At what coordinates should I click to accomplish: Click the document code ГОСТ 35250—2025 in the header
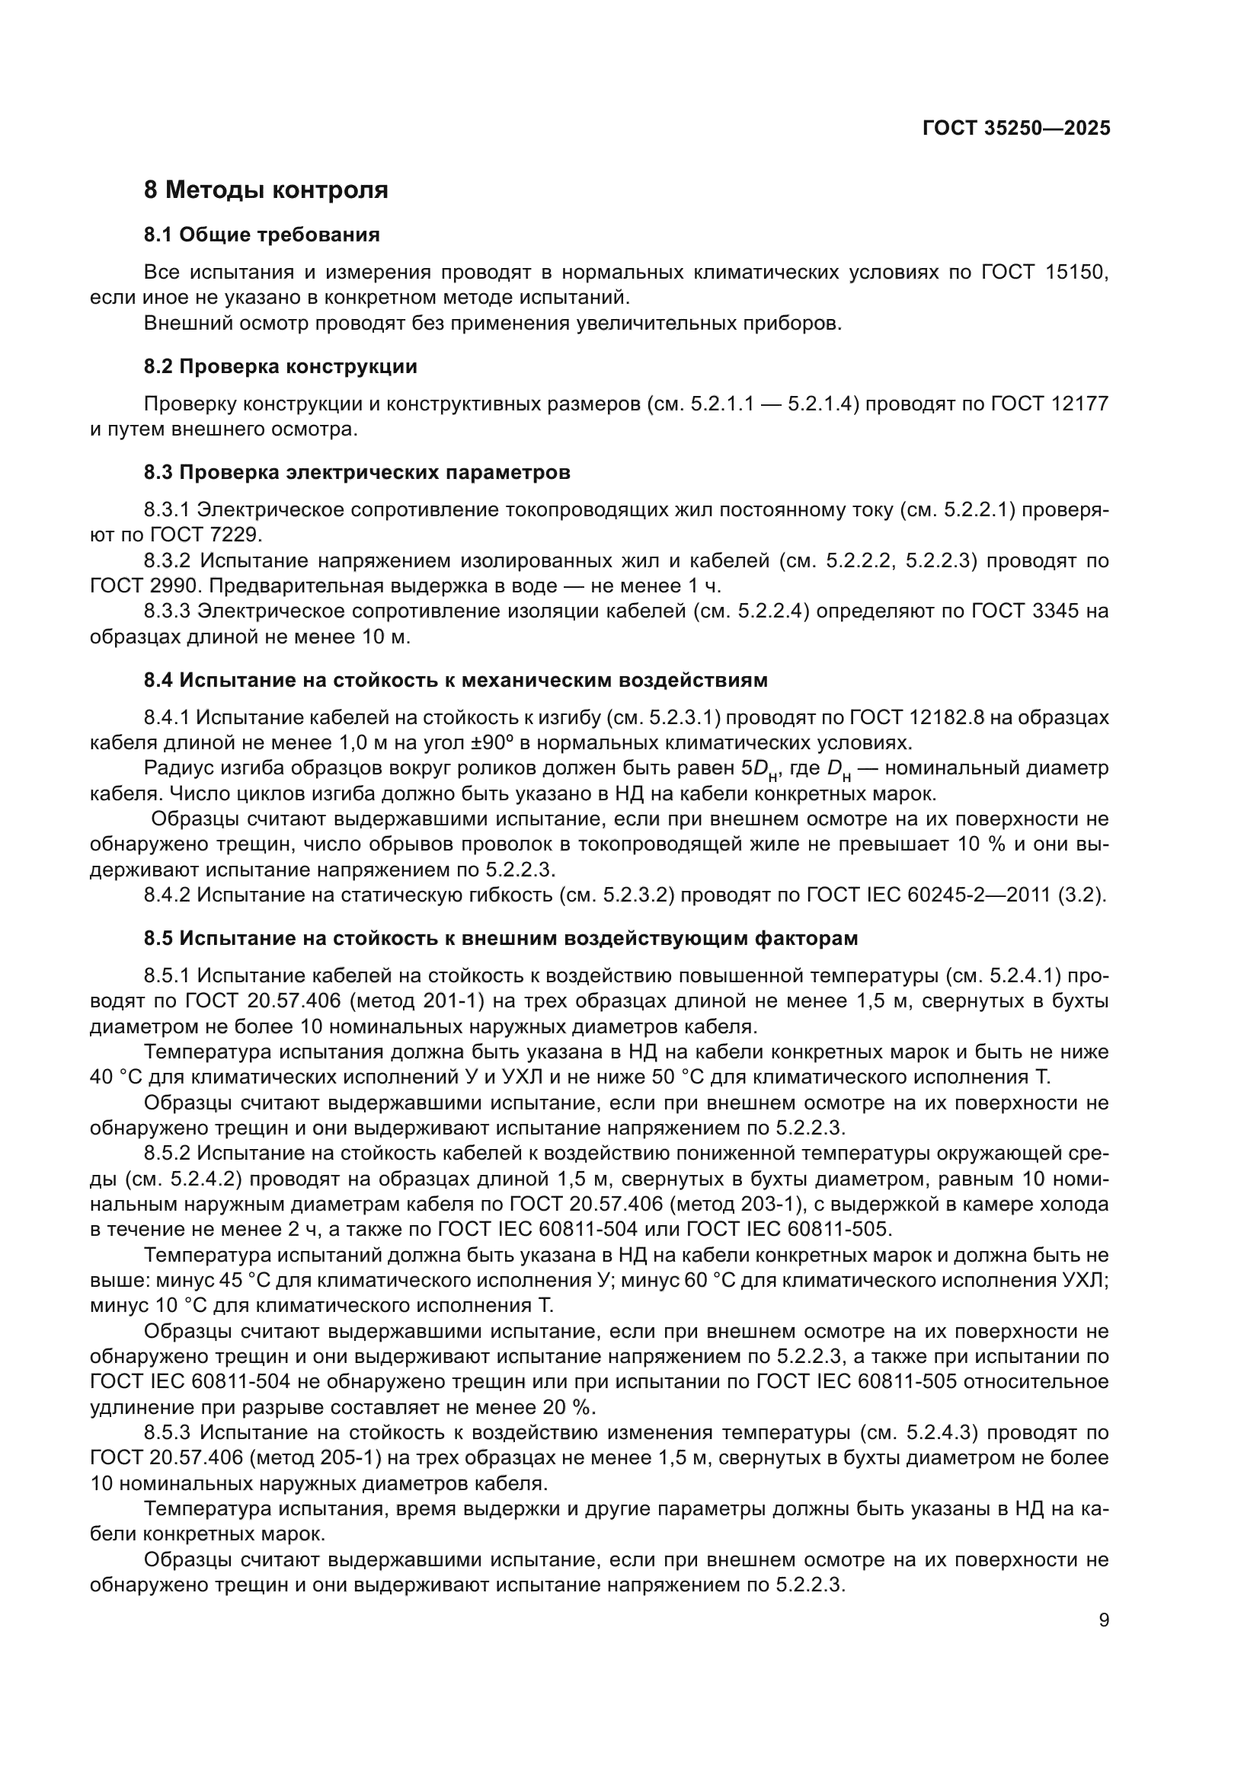(1016, 128)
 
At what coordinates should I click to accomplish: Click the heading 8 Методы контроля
(265, 190)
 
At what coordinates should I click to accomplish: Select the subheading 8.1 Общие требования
(261, 235)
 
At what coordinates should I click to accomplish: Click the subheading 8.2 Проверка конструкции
(280, 367)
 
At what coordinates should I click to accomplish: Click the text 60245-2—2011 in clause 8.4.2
(974, 895)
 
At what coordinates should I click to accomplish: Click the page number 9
(1104, 1621)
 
